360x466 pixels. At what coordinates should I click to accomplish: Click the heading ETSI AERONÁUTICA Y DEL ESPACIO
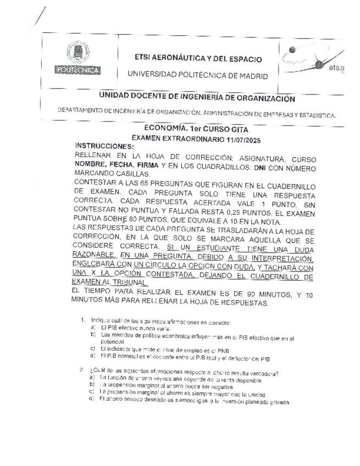click(x=198, y=59)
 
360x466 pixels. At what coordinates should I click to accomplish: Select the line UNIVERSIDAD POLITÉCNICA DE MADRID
click(x=198, y=75)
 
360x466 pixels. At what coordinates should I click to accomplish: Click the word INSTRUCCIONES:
click(x=104, y=146)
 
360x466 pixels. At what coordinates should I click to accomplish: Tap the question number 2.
click(x=81, y=369)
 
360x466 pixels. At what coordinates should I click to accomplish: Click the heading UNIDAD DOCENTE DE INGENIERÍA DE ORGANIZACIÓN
click(x=197, y=99)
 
